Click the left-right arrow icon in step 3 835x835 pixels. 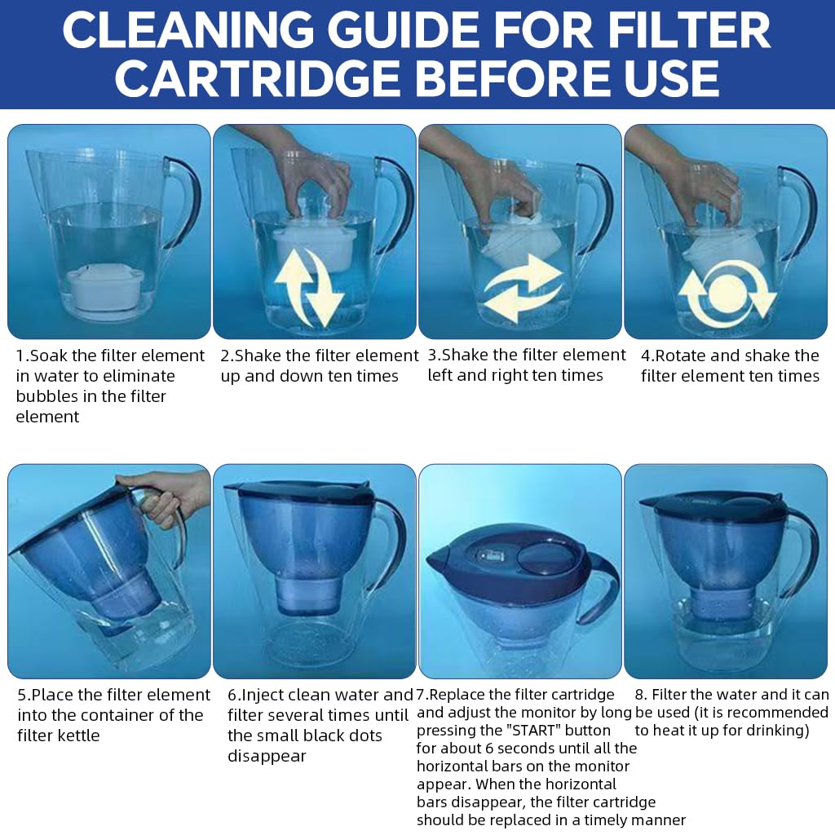pyautogui.click(x=522, y=287)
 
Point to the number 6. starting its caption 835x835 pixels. pyautogui.click(x=235, y=696)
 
